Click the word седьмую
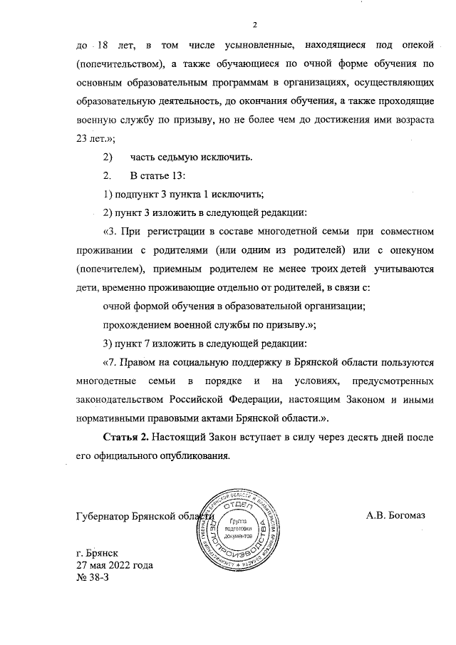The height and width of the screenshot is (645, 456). click(171, 157)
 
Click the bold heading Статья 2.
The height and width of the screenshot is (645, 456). click(129, 436)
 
